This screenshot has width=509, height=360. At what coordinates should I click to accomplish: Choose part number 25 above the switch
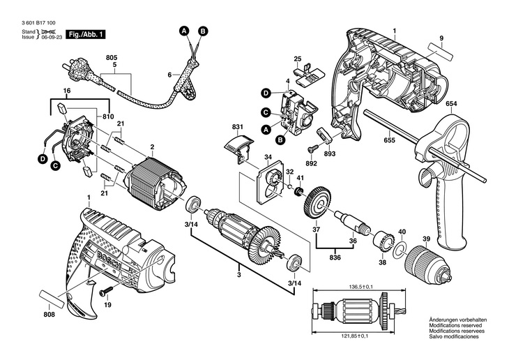297,58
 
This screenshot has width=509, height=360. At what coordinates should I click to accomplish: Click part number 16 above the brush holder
67,91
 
